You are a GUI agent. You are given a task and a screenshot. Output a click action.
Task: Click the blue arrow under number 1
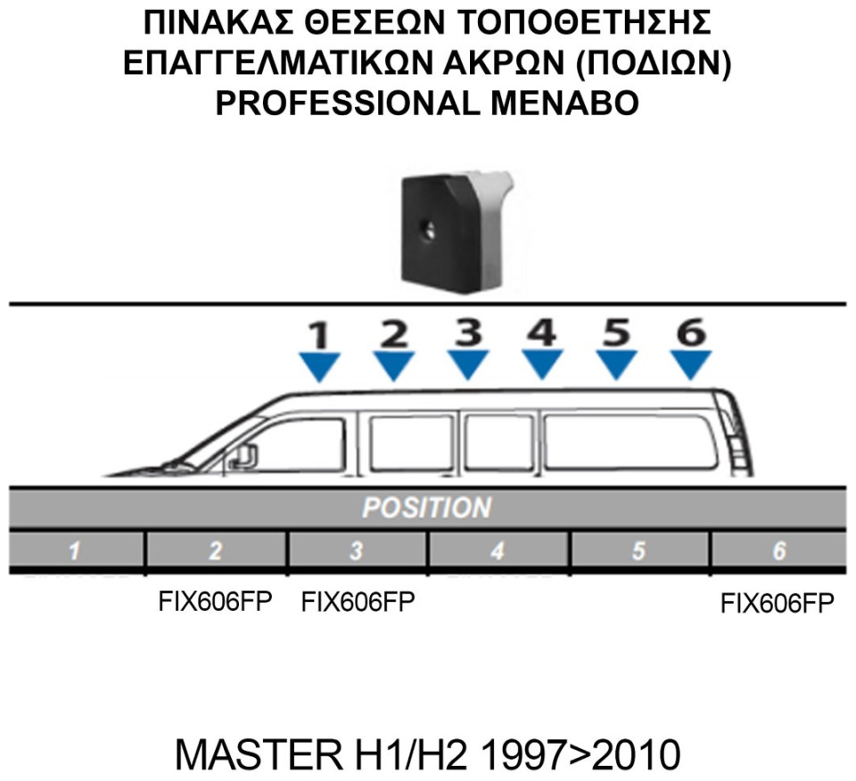pos(320,366)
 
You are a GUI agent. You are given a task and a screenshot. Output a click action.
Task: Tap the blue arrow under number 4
pos(542,364)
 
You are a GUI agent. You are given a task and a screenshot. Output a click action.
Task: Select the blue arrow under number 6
pos(690,365)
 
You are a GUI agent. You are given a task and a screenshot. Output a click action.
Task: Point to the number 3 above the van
pos(468,332)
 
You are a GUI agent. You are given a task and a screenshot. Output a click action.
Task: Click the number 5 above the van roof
pos(617,332)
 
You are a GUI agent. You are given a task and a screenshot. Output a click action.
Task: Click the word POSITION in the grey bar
pos(427,507)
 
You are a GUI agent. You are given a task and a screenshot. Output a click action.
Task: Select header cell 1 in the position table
pos(77,550)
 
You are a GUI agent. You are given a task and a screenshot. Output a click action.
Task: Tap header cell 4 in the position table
pos(499,550)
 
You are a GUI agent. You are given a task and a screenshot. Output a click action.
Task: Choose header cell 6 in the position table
pos(779,550)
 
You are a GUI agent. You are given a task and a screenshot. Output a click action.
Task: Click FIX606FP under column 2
pos(215,602)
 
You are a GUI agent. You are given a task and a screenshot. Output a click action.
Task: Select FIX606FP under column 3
pos(358,602)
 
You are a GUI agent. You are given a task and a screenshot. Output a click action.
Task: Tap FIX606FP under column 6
pos(778,604)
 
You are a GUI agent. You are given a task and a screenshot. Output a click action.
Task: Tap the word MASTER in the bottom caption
pos(257,755)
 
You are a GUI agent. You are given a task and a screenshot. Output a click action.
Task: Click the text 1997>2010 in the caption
pos(581,755)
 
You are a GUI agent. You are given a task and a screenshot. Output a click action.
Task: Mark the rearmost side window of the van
pos(630,441)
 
